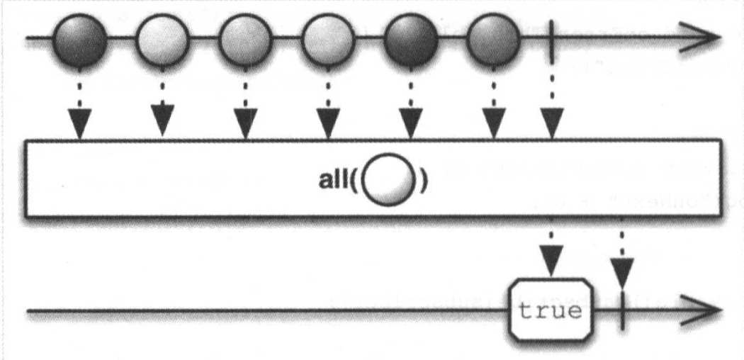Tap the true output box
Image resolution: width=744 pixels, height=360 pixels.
pos(551,310)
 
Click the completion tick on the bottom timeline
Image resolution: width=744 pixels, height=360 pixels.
pos(621,310)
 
